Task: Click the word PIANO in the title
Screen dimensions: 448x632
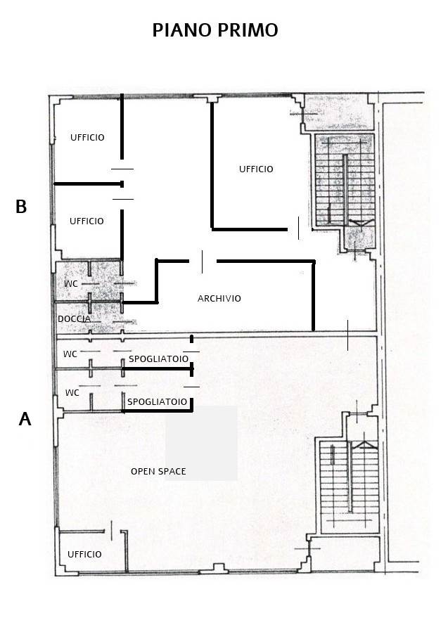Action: (182, 30)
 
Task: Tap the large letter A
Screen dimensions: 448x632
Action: (25, 419)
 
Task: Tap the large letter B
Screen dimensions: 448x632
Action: (21, 207)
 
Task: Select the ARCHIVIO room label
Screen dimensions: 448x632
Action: (219, 299)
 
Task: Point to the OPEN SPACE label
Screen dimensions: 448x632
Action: (158, 471)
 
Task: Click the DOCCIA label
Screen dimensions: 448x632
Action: (74, 319)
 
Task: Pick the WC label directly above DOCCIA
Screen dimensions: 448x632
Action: (71, 284)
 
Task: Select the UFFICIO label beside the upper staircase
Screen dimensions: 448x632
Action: (256, 169)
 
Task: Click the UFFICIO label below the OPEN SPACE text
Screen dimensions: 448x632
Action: (84, 555)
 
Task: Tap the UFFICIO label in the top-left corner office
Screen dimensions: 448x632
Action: (87, 138)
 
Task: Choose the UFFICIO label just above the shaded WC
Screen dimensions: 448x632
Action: (87, 221)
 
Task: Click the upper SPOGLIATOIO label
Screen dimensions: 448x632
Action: (158, 359)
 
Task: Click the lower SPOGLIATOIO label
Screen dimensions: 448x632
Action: (158, 402)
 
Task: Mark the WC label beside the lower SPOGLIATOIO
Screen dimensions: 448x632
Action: (72, 392)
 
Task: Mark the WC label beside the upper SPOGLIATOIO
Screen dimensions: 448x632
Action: (70, 354)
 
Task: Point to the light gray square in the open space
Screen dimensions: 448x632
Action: (201, 443)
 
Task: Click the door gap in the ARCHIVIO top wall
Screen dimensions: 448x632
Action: (203, 262)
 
